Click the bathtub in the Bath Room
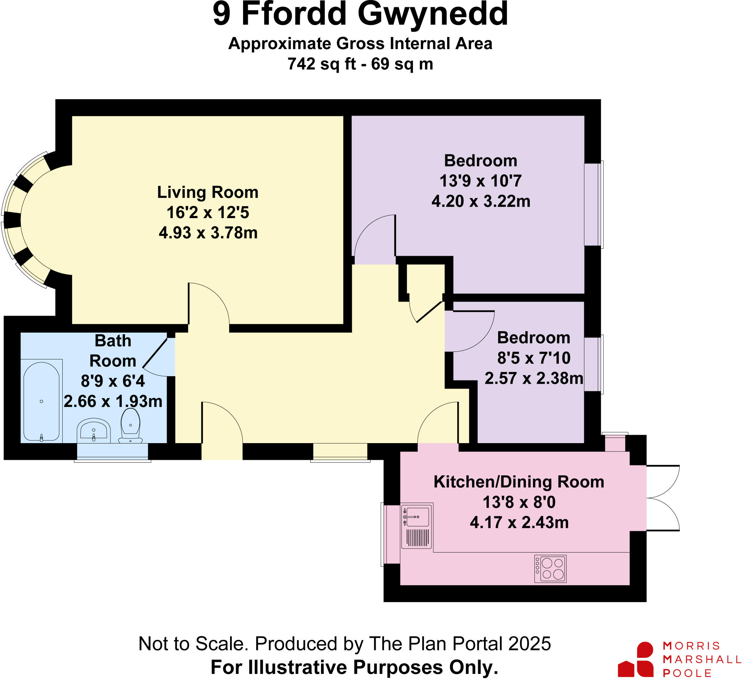click(x=41, y=401)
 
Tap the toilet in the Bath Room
click(x=130, y=425)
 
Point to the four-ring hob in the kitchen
click(x=550, y=569)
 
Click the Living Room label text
click(x=208, y=192)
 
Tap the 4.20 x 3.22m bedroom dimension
click(x=481, y=202)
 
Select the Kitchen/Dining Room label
click(x=518, y=482)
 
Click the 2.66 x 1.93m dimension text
click(x=113, y=401)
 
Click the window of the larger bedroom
click(x=593, y=204)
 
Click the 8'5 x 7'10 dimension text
click(x=534, y=358)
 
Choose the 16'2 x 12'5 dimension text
click(x=208, y=213)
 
